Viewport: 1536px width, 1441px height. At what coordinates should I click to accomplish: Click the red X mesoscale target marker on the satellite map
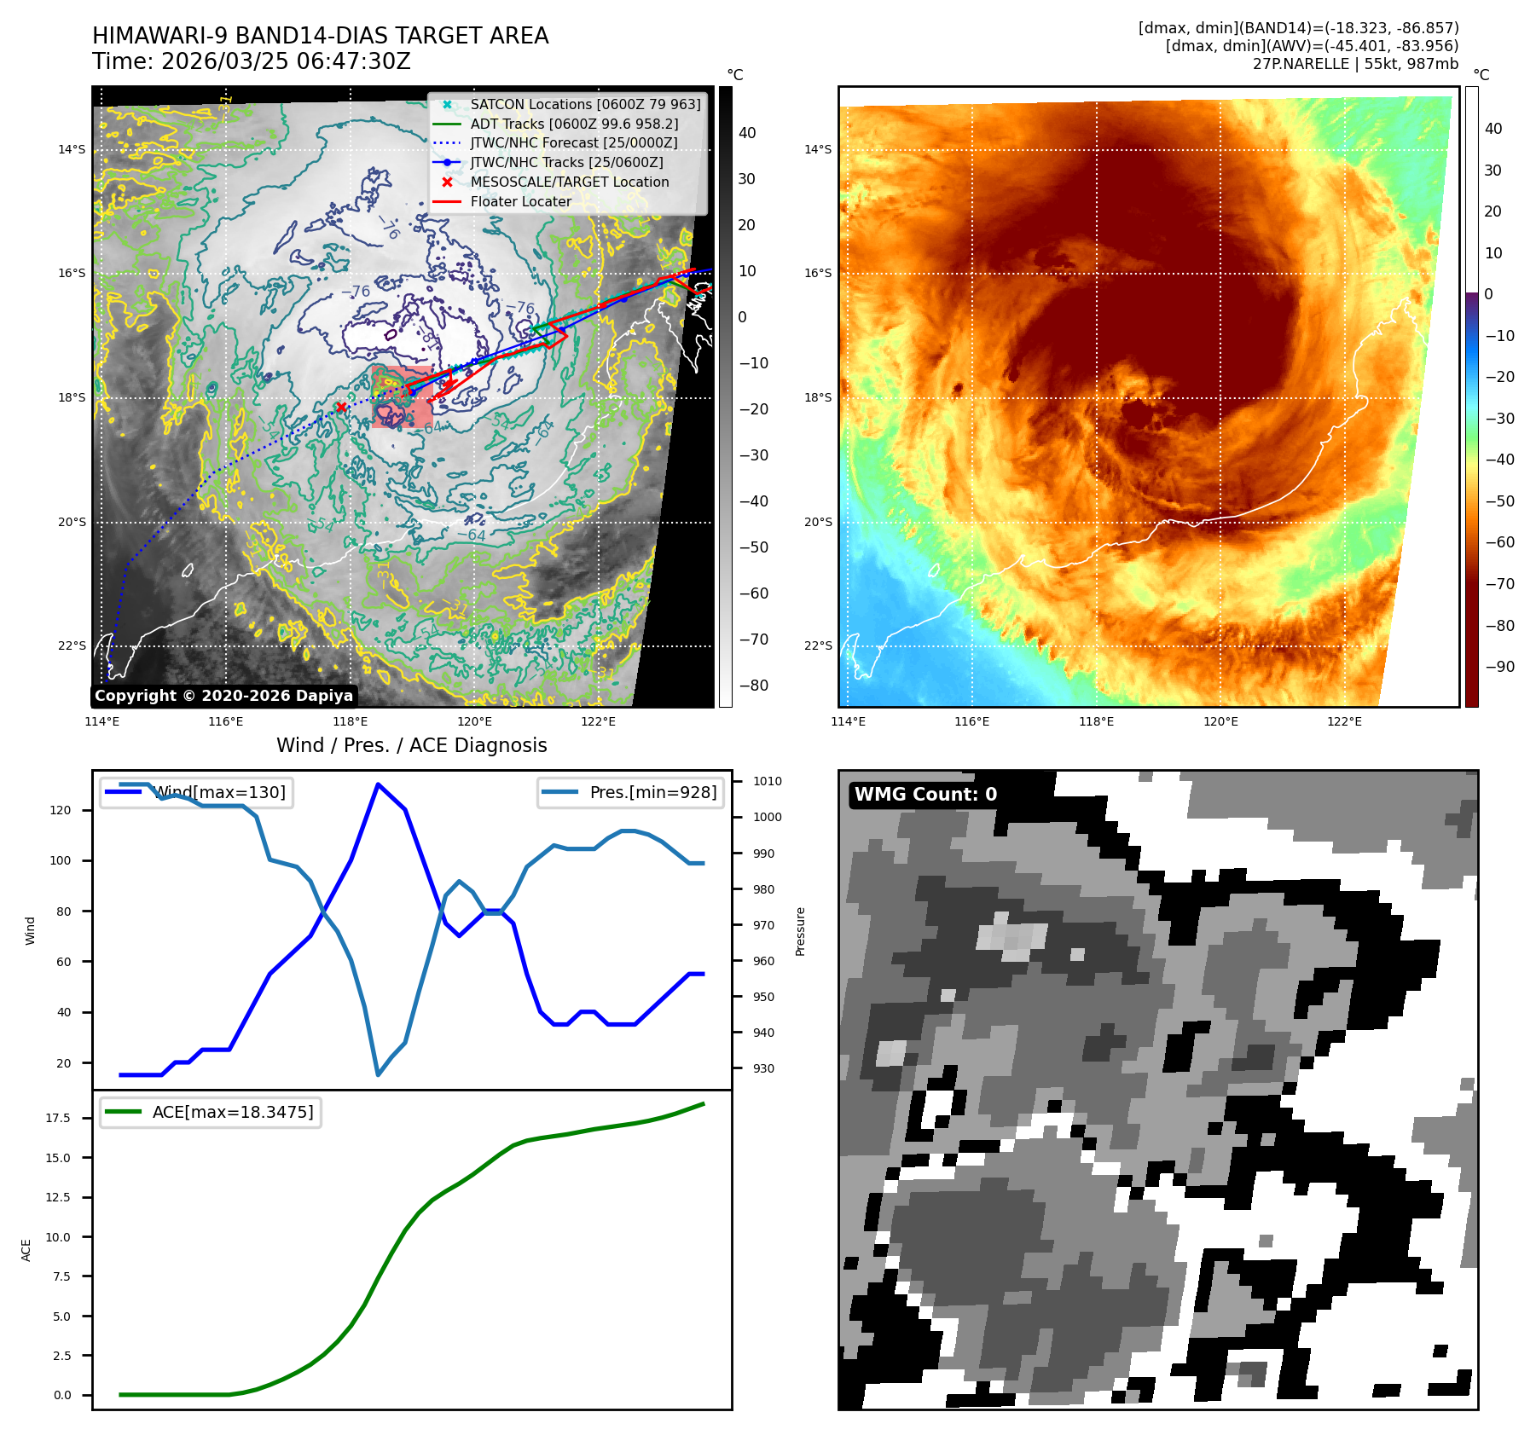341,408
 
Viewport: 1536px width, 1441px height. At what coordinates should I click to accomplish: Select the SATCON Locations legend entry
585,104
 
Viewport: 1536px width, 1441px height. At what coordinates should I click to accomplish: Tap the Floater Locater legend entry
520,201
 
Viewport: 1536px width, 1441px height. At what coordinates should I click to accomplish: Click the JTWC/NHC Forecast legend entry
574,142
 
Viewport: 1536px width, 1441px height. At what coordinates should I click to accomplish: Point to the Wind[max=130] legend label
219,792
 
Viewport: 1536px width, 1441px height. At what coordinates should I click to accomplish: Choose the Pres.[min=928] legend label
652,792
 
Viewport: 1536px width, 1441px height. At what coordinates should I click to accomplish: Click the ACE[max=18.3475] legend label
232,1112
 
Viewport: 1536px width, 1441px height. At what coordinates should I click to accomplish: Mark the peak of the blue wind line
378,784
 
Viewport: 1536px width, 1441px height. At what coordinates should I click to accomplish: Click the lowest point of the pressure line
378,1074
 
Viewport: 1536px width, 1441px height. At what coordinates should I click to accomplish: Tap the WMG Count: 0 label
925,795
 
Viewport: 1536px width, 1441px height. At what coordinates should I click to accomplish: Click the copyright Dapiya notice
223,696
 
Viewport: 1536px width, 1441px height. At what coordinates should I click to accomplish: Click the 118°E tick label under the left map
351,721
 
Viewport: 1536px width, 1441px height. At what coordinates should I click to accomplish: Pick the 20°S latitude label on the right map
817,522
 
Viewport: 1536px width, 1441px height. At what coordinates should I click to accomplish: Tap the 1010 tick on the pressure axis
767,781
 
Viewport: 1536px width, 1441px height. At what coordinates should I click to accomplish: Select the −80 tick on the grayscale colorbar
753,686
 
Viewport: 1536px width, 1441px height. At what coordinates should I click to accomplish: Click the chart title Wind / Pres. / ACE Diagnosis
411,745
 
